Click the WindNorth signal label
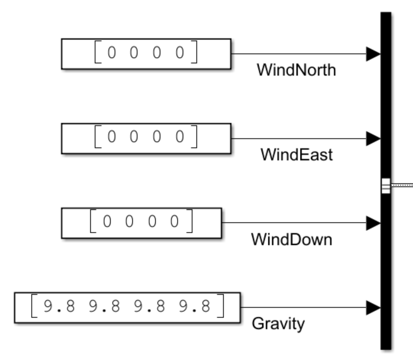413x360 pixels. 296,70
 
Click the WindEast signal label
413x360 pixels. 297,154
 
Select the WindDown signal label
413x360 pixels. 291,239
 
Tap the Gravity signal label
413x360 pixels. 278,323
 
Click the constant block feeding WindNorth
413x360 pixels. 146,53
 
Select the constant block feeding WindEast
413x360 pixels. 146,138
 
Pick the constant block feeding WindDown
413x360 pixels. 142,223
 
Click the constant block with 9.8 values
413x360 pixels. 127,307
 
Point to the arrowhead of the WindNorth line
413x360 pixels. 373,53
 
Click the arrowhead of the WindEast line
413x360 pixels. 373,138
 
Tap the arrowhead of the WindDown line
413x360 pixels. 373,223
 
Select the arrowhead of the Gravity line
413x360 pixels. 373,308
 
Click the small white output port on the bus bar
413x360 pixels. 386,186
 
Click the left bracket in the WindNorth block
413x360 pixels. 98,53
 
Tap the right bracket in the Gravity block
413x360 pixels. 221,307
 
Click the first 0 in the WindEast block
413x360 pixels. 112,137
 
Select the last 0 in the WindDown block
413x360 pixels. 175,222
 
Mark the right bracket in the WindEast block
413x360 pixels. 195,137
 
